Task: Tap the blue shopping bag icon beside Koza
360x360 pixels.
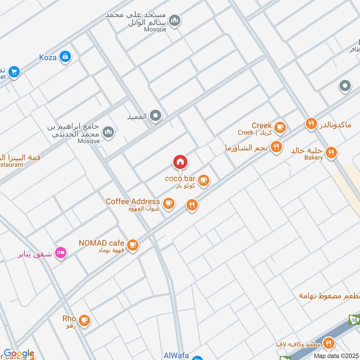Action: pos(66,56)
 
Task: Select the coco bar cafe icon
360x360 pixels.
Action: pos(204,180)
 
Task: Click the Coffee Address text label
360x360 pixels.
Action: pos(133,202)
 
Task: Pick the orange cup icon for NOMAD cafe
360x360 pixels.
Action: pos(132,245)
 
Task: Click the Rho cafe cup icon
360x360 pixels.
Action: pos(84,320)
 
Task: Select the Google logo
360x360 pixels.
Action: pos(19,354)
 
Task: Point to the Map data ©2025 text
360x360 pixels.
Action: pos(335,355)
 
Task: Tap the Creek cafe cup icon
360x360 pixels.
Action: pos(280,127)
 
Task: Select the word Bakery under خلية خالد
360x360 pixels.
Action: pos(313,157)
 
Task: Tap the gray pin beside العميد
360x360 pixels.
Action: pos(156,116)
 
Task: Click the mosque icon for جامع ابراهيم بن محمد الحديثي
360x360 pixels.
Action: pos(108,132)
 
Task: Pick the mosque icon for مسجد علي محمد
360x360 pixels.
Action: pos(175,21)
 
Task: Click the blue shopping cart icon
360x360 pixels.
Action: pos(14,72)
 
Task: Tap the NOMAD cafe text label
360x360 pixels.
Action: pos(101,243)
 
